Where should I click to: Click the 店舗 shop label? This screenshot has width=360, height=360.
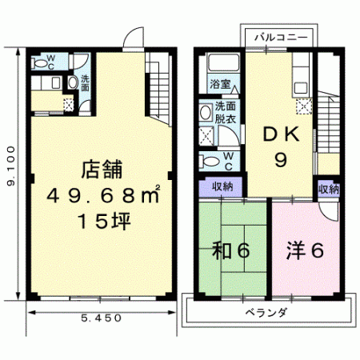click(x=102, y=169)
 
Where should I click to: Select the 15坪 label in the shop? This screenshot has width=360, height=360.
click(x=104, y=221)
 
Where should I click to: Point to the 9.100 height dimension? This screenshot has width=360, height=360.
click(x=10, y=166)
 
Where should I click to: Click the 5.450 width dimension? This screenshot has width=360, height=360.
click(x=101, y=318)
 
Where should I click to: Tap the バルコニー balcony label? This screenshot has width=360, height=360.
click(x=281, y=37)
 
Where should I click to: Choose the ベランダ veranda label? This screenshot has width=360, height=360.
click(x=266, y=312)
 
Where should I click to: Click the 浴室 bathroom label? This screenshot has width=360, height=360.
click(x=220, y=84)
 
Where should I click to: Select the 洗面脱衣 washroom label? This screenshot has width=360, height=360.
click(x=226, y=113)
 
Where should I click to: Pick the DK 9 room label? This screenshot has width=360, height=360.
click(x=281, y=146)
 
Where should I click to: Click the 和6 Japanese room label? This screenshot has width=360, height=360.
click(x=230, y=250)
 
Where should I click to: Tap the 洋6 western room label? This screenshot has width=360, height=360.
click(x=305, y=250)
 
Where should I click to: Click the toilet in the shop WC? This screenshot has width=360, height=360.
click(x=39, y=63)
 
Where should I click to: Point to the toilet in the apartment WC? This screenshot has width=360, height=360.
click(x=210, y=162)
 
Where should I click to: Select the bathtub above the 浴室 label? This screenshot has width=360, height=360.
click(x=223, y=62)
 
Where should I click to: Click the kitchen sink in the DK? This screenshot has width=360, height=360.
click(x=302, y=87)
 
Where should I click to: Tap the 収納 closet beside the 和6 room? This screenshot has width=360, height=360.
click(x=221, y=187)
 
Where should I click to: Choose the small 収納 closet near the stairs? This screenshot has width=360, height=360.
click(x=329, y=190)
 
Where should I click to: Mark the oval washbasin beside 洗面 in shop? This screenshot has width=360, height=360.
click(x=72, y=82)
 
